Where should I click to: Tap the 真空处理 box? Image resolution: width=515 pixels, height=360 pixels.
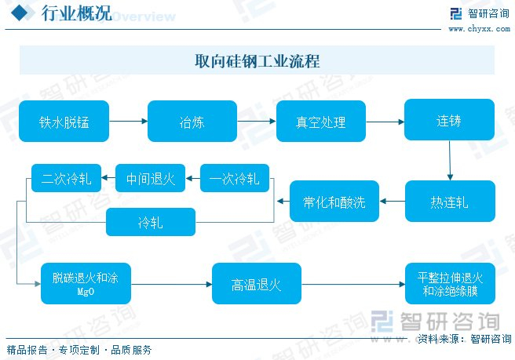(321, 121)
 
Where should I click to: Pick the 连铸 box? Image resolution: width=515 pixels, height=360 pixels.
(449, 121)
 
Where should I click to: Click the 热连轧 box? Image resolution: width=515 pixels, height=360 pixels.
(449, 202)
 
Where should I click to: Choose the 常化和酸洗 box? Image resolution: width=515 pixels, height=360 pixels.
(334, 202)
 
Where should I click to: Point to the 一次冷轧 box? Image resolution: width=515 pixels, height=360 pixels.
(235, 179)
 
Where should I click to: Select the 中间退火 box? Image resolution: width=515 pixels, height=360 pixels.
(150, 179)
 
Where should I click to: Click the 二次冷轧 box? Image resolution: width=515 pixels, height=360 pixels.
(66, 179)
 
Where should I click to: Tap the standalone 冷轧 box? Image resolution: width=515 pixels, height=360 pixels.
(150, 222)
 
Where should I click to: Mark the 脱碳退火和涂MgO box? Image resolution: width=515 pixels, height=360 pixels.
(86, 283)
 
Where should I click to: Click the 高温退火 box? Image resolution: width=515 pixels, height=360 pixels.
(257, 283)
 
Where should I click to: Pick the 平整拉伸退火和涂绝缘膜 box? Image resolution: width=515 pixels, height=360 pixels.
(449, 283)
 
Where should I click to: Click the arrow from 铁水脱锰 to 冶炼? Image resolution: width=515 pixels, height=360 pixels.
(129, 122)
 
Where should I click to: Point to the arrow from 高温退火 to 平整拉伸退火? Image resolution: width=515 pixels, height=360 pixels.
(352, 284)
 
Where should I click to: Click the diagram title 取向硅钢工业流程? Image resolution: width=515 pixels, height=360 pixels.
(257, 61)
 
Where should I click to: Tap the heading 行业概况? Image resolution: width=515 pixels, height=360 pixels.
(64, 13)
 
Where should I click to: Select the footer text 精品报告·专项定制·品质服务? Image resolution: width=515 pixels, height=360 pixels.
(79, 350)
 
